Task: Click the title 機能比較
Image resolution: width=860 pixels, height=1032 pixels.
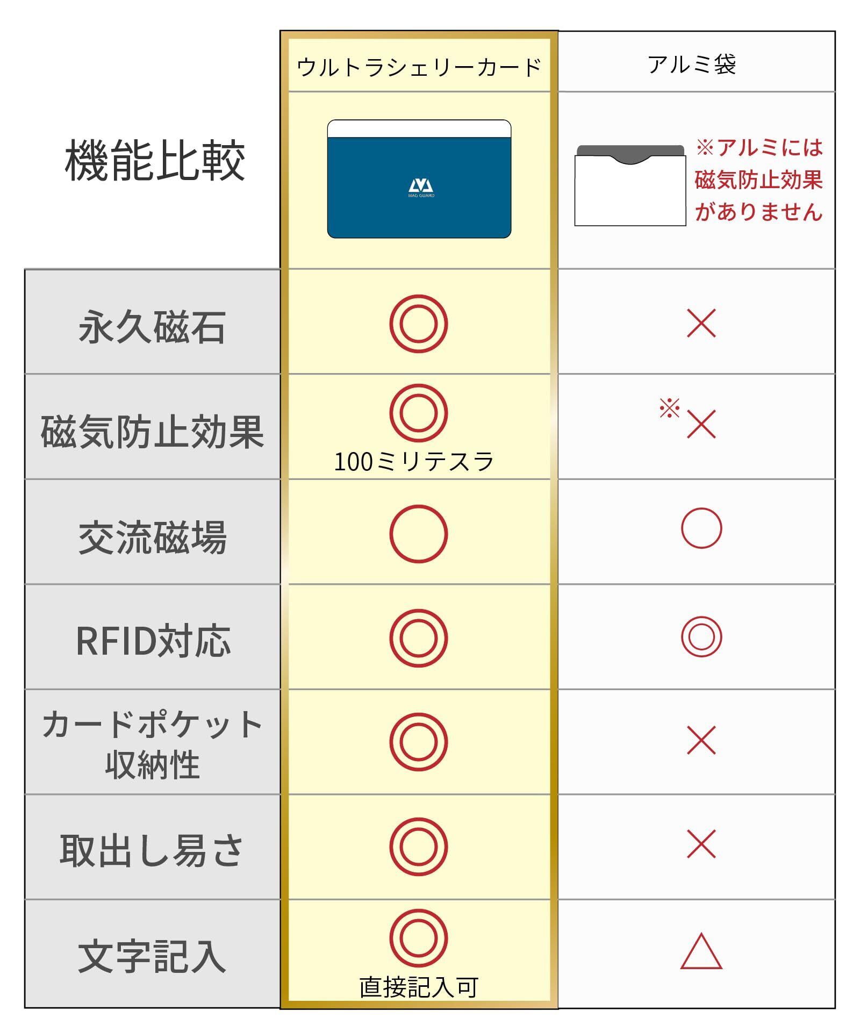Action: pos(155,161)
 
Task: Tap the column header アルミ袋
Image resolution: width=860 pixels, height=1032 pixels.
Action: pos(692,65)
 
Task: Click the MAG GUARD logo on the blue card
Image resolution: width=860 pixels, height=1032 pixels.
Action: pos(421,188)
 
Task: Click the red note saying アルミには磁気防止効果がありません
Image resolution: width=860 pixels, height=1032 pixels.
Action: pos(759,180)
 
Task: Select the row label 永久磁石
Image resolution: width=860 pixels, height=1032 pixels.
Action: pos(152,327)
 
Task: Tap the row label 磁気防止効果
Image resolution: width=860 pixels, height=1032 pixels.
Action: pos(152,432)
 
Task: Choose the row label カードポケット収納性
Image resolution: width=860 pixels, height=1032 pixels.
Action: pos(152,744)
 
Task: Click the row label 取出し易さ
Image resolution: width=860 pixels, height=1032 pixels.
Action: pos(152,850)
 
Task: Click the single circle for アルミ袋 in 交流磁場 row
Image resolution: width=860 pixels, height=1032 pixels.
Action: pos(701,528)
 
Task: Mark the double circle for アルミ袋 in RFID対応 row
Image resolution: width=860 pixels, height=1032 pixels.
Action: pos(701,637)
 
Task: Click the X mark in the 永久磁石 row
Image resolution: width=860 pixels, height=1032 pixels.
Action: pos(701,324)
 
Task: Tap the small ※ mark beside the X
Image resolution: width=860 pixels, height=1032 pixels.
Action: pos(669,408)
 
